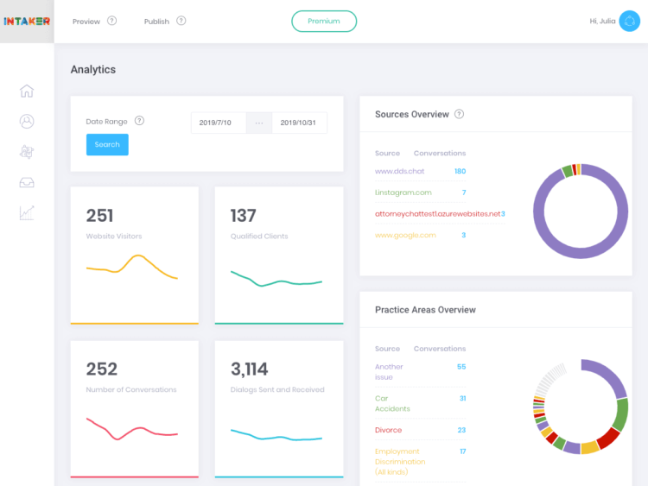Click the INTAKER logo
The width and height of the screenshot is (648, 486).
27,21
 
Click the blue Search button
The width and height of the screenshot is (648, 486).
107,144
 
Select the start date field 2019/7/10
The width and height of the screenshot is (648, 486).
215,123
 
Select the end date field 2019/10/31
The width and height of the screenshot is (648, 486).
299,123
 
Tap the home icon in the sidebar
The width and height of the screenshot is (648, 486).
27,92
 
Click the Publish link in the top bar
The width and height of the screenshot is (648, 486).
156,21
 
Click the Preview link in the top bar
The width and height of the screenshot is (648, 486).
86,21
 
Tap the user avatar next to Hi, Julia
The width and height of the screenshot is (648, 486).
629,21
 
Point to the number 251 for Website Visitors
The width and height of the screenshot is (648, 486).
100,216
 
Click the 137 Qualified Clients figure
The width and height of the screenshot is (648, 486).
245,216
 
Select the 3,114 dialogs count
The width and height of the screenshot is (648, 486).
250,369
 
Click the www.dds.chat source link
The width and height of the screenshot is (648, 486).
399,171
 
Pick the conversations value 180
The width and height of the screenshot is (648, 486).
460,171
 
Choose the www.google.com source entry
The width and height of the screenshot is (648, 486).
405,235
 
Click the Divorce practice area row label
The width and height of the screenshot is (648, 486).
388,430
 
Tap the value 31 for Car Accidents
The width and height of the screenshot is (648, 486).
462,398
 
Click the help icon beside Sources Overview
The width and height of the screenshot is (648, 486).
459,114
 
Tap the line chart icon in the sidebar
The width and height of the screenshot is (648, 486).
27,212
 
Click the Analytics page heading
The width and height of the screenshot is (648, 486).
92,69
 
